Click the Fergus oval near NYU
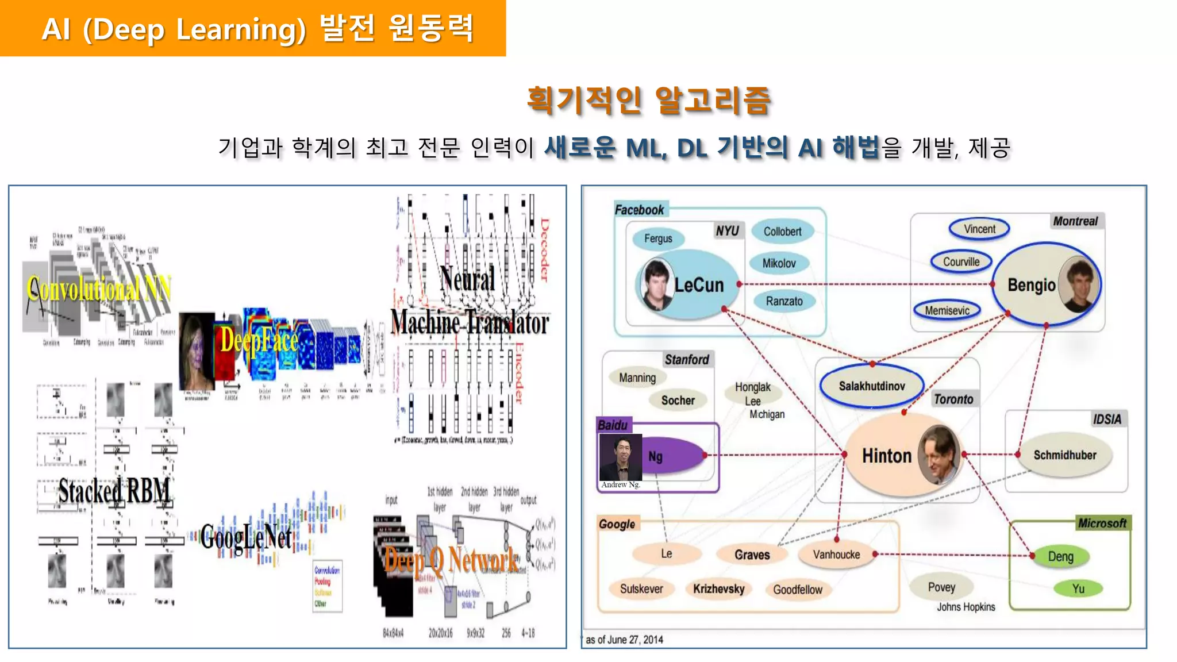click(657, 238)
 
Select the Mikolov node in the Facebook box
click(779, 263)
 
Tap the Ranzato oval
click(784, 301)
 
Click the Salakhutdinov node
click(871, 386)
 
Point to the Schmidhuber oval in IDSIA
click(1064, 455)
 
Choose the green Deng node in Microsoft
click(1060, 556)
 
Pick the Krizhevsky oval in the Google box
click(718, 588)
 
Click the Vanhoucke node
click(836, 555)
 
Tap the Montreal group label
click(1075, 221)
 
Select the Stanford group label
click(686, 360)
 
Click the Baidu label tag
click(613, 425)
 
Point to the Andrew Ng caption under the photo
click(621, 484)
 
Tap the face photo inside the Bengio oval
click(1078, 284)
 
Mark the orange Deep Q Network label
click(451, 560)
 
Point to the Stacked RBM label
click(114, 491)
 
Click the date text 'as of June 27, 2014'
click(624, 640)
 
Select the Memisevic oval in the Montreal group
click(947, 310)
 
